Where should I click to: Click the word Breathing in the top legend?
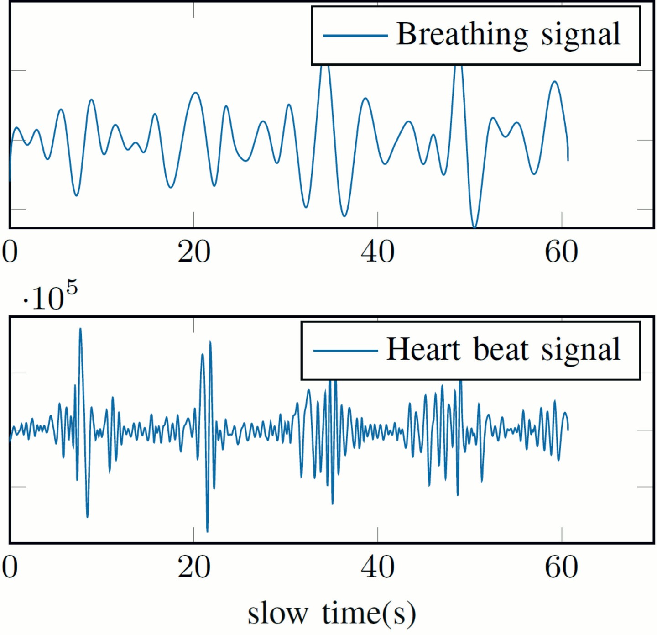pos(462,35)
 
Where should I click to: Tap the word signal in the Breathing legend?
pos(581,35)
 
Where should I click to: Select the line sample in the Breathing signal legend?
pos(355,35)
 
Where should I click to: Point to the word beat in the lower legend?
pos(501,349)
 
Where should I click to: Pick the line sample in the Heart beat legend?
pos(345,351)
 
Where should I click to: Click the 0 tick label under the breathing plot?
pos(10,252)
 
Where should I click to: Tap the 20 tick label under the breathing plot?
pos(194,252)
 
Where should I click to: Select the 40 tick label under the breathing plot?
pos(378,252)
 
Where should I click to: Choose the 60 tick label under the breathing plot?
pos(561,252)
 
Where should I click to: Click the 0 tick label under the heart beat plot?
pos(10,567)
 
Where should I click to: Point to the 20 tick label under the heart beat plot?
pos(194,567)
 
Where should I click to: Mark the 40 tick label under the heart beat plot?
pos(378,567)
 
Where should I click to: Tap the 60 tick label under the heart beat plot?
pos(561,567)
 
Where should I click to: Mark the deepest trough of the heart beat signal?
pos(208,531)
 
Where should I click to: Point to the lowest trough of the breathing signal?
pos(475,226)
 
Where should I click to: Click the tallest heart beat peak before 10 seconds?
pos(80,329)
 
